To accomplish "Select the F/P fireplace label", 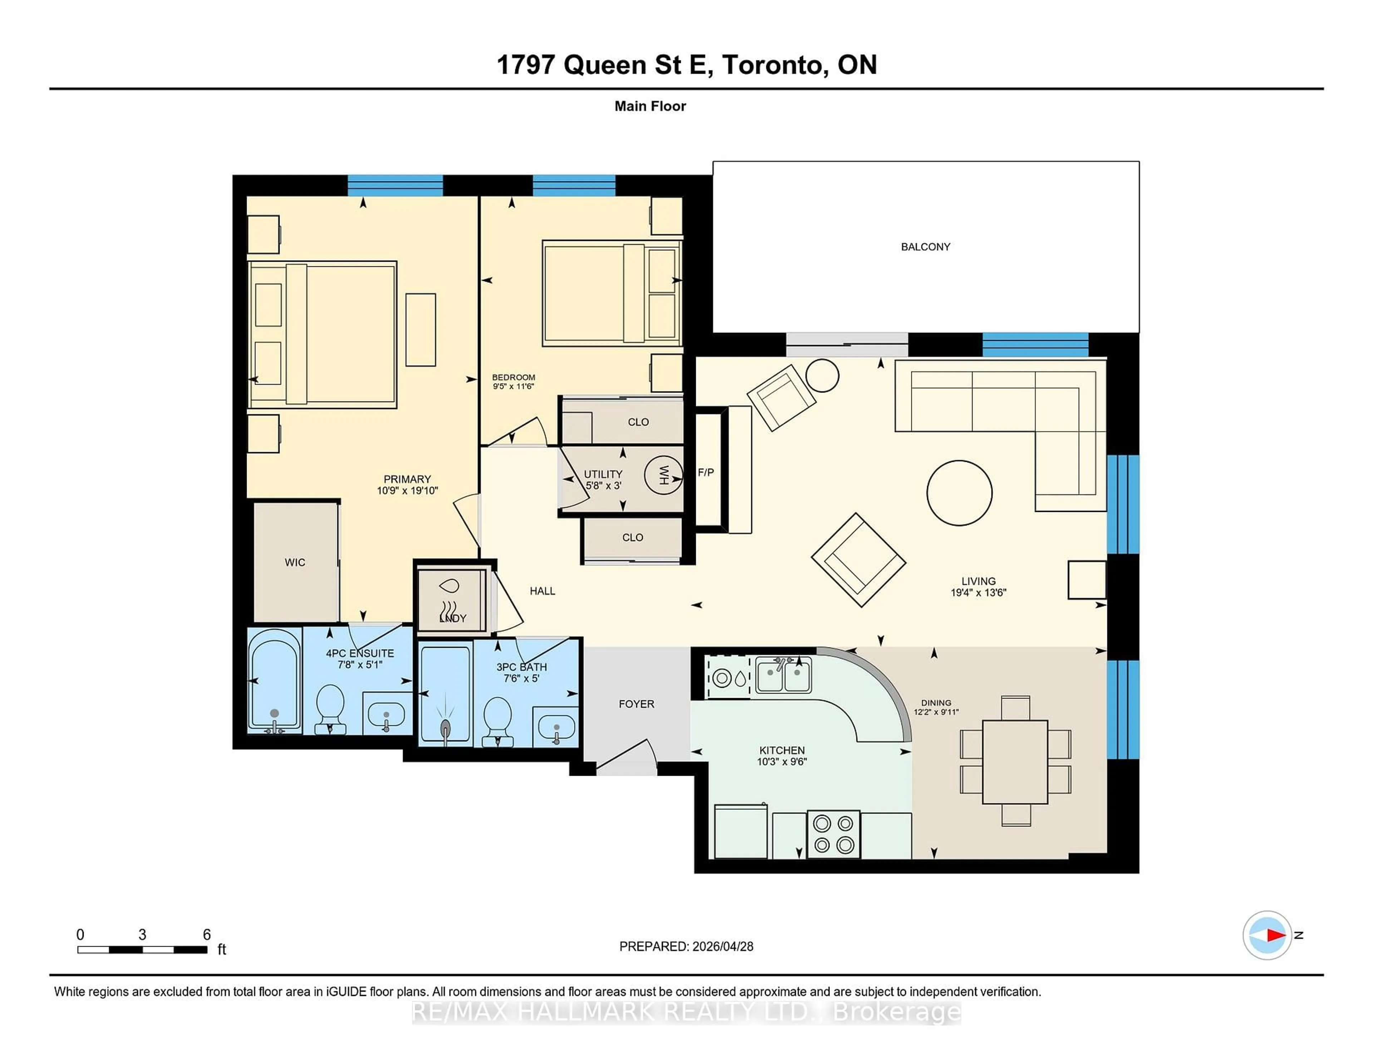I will pyautogui.click(x=705, y=472).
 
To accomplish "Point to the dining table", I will pyautogui.click(x=1015, y=762).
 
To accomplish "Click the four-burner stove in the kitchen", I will pyautogui.click(x=833, y=834).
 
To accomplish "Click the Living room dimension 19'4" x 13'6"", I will pyautogui.click(x=978, y=592).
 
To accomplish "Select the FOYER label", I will pyautogui.click(x=636, y=704).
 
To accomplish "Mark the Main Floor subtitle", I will pyautogui.click(x=650, y=106).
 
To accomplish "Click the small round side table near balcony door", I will pyautogui.click(x=822, y=375).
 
